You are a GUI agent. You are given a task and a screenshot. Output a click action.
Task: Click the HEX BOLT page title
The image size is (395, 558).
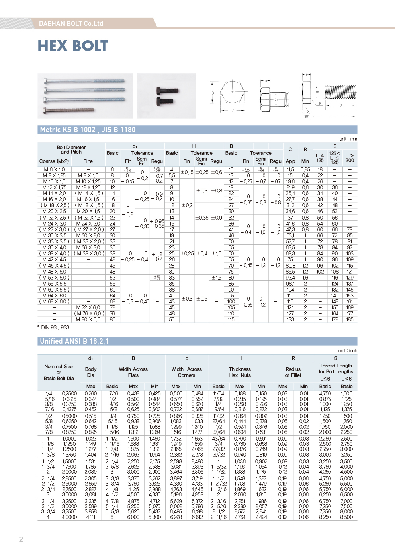click(72, 46)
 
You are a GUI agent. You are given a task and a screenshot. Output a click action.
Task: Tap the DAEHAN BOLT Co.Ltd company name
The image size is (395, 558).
click(71, 23)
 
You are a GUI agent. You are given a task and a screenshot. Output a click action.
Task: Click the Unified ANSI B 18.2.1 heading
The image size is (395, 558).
click(74, 341)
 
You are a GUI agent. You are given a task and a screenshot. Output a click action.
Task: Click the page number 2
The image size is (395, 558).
click(21, 539)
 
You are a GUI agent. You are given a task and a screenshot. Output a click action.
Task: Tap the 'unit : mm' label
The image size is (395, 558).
click(348, 139)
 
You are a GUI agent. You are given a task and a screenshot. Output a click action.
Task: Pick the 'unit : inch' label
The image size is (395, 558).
click(347, 351)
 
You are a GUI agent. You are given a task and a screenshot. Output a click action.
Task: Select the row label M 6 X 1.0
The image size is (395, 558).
click(54, 169)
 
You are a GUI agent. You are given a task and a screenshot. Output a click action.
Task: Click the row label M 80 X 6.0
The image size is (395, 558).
click(88, 319)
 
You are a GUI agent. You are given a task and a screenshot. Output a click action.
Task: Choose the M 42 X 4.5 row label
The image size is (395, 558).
click(54, 259)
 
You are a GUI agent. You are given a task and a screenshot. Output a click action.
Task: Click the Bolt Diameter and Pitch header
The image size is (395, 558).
click(71, 150)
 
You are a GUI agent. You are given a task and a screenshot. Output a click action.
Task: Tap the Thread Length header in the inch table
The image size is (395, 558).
click(336, 369)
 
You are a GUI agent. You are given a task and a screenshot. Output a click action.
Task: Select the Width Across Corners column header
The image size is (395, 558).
click(186, 372)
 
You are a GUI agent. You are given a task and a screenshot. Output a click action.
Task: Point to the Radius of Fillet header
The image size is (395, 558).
click(293, 372)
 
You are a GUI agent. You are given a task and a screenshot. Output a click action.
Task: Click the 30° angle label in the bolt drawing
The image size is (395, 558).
click(307, 116)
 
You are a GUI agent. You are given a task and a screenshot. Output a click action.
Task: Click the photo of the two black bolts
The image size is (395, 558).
click(166, 96)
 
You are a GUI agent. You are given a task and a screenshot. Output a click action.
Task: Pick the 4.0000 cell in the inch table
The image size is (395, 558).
click(69, 517)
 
